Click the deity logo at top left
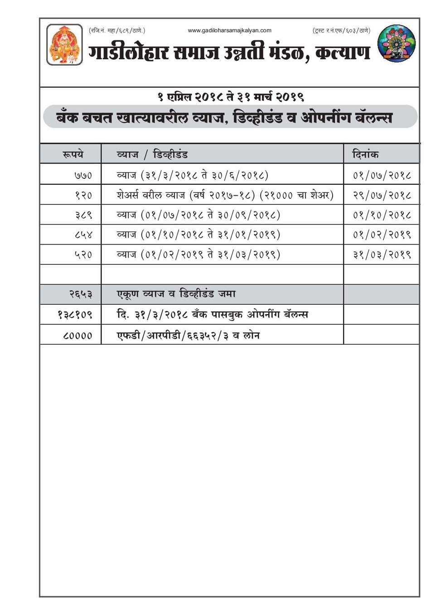64,44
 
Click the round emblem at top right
396,43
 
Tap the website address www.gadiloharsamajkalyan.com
229,30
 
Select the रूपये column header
72,154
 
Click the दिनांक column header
365,154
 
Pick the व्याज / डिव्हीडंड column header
152,154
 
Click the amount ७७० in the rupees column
83,175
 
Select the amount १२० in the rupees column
84,195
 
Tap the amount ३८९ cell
84,215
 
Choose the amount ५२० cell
84,255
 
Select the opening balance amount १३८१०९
75,314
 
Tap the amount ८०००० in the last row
77,336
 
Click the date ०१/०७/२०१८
382,175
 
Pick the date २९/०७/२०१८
382,195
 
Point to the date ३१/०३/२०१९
382,255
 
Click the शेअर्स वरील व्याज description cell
225,195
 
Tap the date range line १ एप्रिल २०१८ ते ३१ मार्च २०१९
230,96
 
